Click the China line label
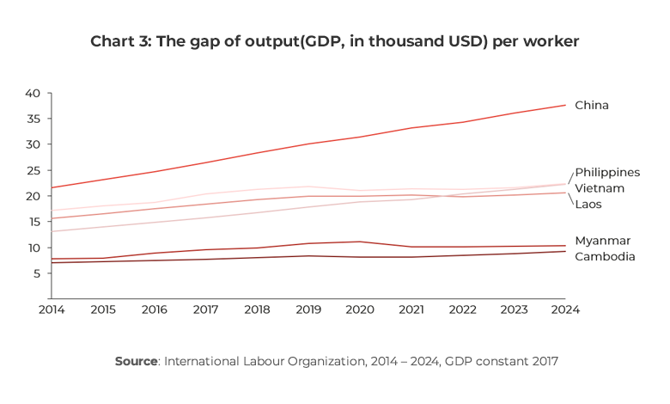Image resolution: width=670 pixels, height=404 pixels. point(591,105)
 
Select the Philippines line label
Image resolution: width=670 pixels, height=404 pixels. point(606,172)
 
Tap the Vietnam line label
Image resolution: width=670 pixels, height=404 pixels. point(599,187)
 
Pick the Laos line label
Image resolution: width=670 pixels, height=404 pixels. point(588,204)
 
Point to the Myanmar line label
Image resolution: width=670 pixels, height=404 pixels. point(602,241)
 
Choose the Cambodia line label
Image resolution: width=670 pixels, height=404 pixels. point(605,256)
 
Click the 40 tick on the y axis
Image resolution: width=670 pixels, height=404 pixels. point(33,93)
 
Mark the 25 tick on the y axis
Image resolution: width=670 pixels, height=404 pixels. point(33,170)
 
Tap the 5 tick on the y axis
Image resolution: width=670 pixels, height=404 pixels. point(37,273)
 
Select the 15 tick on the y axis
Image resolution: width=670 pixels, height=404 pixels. point(33,222)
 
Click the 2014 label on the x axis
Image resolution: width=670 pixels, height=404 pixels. point(52,309)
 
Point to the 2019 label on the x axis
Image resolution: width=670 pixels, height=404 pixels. point(308,309)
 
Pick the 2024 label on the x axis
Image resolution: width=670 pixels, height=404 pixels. point(565,309)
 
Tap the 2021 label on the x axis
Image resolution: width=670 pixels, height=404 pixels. point(411,309)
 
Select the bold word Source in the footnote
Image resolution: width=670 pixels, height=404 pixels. point(135,361)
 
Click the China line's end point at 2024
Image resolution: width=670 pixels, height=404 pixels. point(565,105)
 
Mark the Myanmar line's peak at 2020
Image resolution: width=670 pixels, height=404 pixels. point(360,242)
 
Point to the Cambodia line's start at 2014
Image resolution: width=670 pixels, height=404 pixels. point(52,263)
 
